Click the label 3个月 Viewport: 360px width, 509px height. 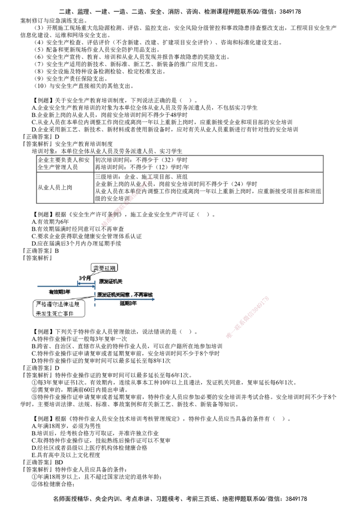85,278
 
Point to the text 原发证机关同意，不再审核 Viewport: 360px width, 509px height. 126,295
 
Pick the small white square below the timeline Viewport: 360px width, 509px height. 81,315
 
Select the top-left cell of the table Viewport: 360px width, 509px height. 63,163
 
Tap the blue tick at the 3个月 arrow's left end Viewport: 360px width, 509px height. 77,283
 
